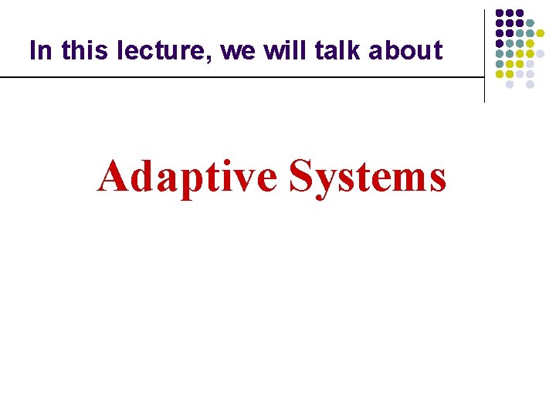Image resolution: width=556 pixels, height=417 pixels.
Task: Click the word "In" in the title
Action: point(39,51)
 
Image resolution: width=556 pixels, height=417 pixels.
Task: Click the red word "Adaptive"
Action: point(187,177)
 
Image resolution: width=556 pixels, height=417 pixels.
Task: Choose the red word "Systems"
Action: point(368,177)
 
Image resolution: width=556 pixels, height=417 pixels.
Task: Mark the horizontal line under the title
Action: point(232,77)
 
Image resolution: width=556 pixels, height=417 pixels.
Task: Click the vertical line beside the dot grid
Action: point(484,54)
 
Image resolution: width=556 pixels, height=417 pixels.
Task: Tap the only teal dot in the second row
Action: point(530,23)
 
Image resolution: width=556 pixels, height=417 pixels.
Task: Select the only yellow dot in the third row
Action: point(540,33)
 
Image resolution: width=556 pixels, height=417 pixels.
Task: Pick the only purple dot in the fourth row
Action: point(500,44)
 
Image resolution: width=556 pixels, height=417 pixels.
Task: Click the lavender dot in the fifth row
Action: point(540,54)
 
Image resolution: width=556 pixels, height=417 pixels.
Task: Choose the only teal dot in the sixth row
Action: point(500,64)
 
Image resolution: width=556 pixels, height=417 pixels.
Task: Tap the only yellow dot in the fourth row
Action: point(530,44)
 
